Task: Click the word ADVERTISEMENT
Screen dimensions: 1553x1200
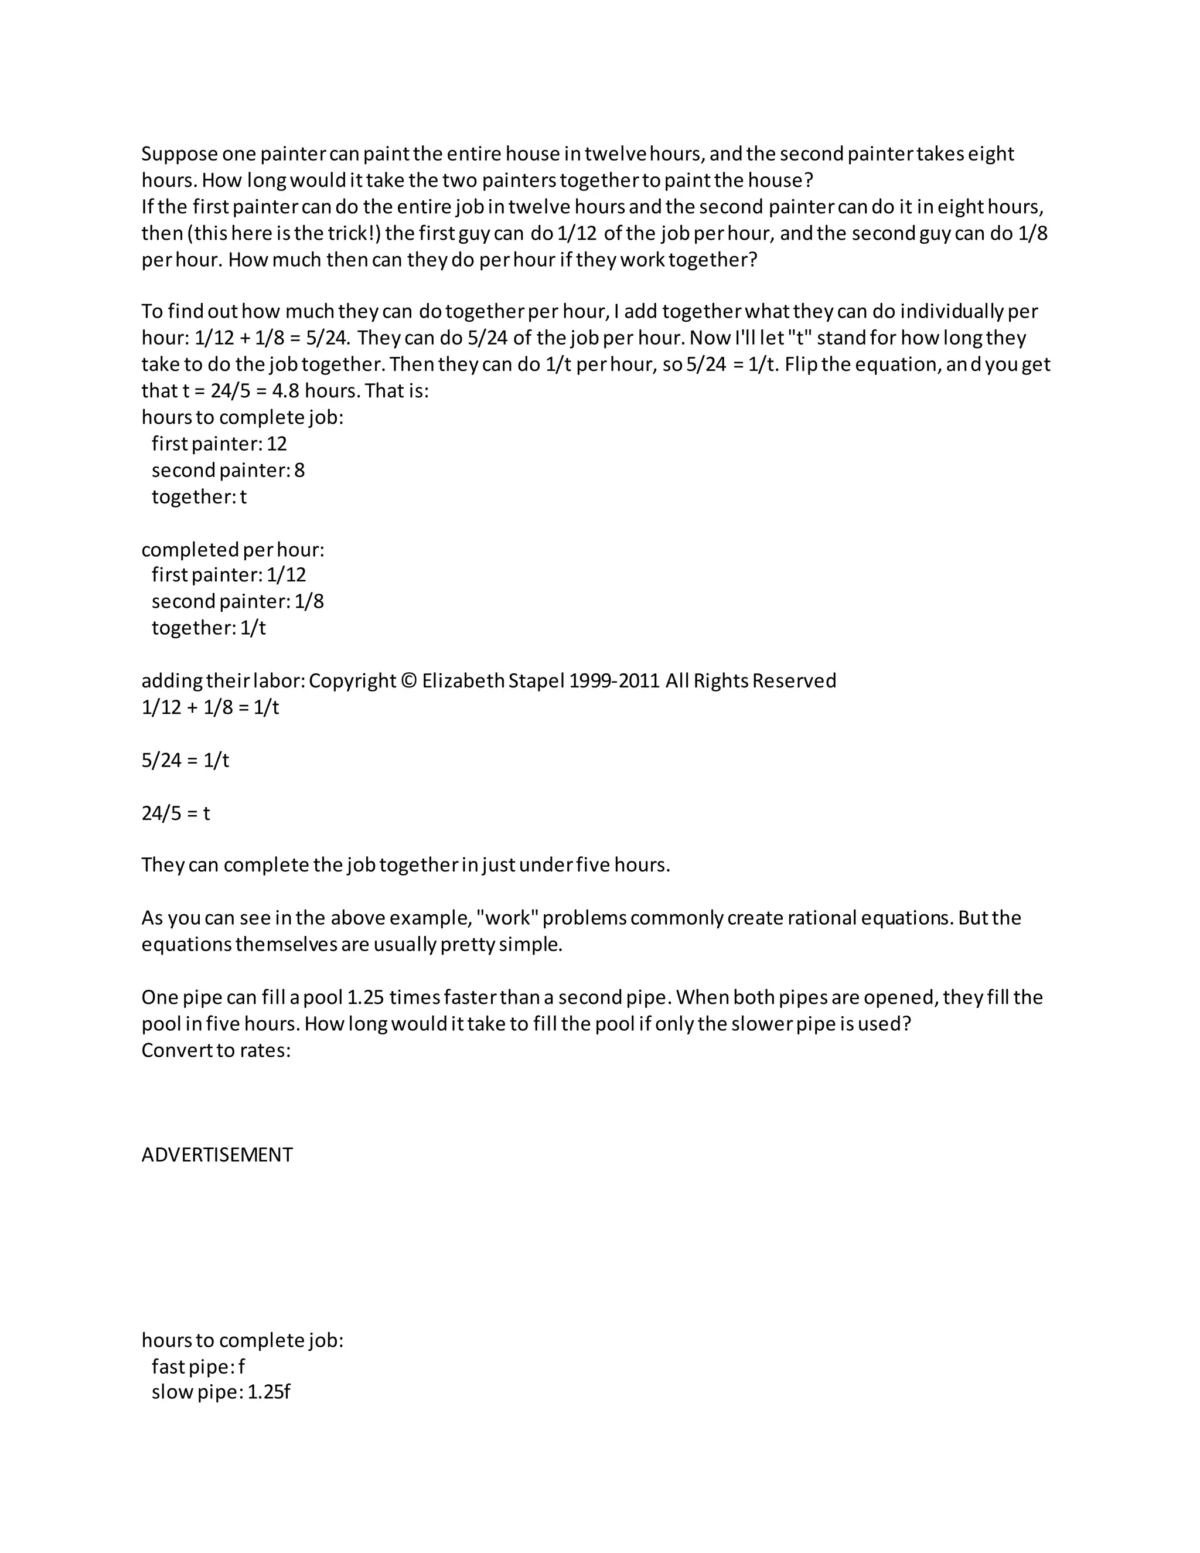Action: pyautogui.click(x=217, y=1155)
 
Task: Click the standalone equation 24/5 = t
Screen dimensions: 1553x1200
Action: pyautogui.click(x=176, y=813)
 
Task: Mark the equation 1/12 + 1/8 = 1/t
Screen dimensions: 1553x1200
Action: pyautogui.click(x=210, y=707)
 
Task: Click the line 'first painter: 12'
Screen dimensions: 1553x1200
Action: pyautogui.click(x=219, y=444)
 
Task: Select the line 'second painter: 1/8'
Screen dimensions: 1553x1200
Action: pyautogui.click(x=237, y=602)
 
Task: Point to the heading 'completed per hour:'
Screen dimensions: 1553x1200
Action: pyautogui.click(x=233, y=550)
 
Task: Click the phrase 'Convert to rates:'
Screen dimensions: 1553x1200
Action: pyautogui.click(x=216, y=1050)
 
